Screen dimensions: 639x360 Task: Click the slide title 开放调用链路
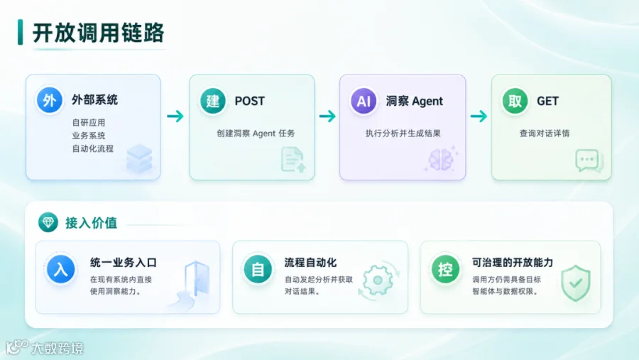pyautogui.click(x=98, y=33)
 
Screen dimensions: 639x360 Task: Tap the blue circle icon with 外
pyautogui.click(x=49, y=100)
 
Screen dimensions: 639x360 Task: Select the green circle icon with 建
pyautogui.click(x=213, y=101)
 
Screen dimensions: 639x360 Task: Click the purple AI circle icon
pyautogui.click(x=364, y=101)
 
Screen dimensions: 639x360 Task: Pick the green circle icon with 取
pyautogui.click(x=515, y=101)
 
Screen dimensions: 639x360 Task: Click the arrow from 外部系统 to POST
pyautogui.click(x=175, y=116)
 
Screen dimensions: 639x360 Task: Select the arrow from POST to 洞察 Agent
pyautogui.click(x=327, y=116)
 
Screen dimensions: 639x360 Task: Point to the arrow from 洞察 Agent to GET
pyautogui.click(x=479, y=116)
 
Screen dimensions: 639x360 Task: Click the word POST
pyautogui.click(x=249, y=101)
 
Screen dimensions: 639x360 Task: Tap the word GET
pyautogui.click(x=547, y=101)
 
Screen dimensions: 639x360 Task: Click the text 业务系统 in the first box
pyautogui.click(x=89, y=136)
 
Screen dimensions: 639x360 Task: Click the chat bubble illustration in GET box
pyautogui.click(x=589, y=161)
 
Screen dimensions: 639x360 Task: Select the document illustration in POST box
pyautogui.click(x=293, y=160)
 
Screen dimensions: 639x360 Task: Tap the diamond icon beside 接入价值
pyautogui.click(x=48, y=222)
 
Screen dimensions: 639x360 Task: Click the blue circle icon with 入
pyautogui.click(x=61, y=269)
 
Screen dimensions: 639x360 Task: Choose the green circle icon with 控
pyautogui.click(x=445, y=269)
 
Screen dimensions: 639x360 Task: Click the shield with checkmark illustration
pyautogui.click(x=575, y=283)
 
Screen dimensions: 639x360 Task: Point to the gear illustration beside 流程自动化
pyautogui.click(x=378, y=280)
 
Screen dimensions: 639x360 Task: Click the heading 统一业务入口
pyautogui.click(x=124, y=263)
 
